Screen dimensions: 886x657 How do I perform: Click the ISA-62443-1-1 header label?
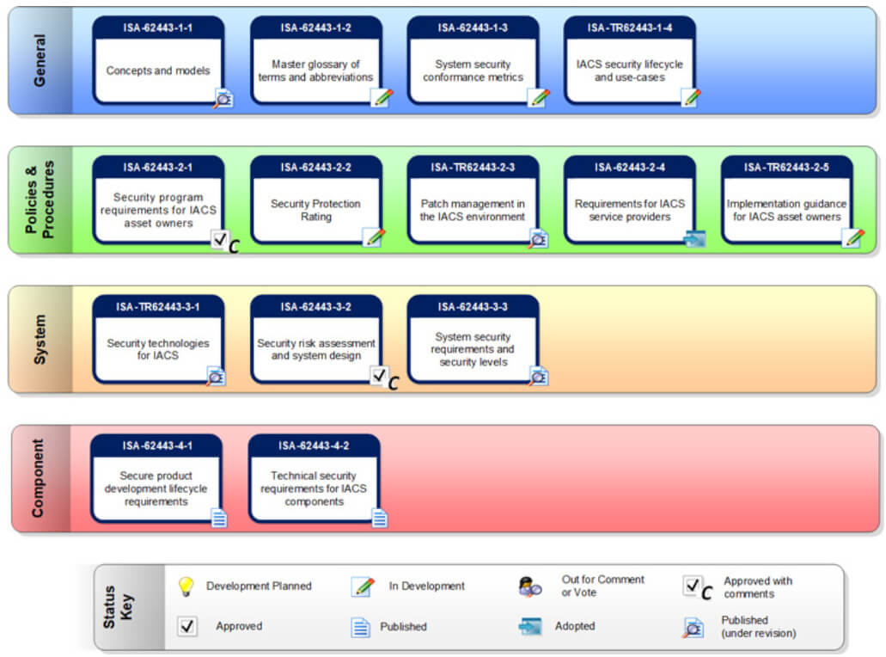coord(157,28)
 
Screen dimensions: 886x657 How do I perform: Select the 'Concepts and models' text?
coord(158,71)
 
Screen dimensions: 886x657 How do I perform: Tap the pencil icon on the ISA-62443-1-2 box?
coord(382,98)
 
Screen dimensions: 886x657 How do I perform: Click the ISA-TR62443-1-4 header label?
coord(629,28)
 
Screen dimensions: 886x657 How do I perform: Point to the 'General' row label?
coord(39,60)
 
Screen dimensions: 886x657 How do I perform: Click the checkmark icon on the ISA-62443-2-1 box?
coord(219,240)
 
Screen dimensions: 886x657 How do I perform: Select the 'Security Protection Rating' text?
coord(315,210)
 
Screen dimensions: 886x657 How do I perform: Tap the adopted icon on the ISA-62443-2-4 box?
coord(694,239)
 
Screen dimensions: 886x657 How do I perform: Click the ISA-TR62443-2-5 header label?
coord(786,168)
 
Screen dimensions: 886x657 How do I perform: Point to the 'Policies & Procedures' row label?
coord(39,200)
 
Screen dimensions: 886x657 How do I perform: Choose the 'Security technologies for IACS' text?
coord(157,349)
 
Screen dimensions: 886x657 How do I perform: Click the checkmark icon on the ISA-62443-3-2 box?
coord(379,375)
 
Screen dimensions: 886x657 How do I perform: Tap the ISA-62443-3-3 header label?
coord(473,307)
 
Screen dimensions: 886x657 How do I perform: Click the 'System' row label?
coord(39,339)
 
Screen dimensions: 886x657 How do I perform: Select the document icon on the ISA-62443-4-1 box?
coord(219,518)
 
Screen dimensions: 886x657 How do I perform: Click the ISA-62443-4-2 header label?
coord(314,446)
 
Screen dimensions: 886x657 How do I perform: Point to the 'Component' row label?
coord(37,478)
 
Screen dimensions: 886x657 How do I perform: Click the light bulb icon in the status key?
coord(186,586)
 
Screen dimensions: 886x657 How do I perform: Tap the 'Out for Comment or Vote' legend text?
coord(603,586)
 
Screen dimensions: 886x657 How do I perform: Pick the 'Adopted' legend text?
coord(575,626)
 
